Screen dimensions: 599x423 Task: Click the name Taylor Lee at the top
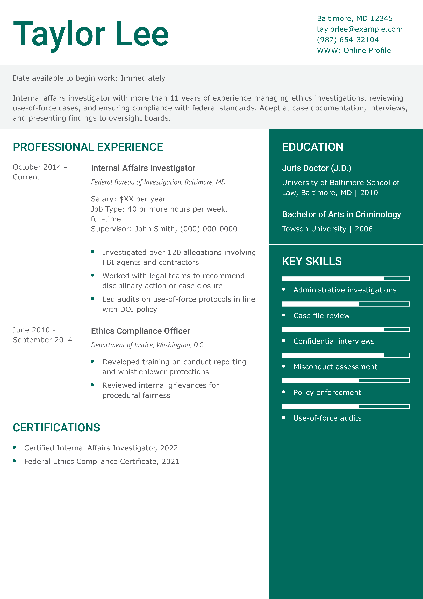(x=91, y=34)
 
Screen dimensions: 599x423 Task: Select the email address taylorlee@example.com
(x=359, y=29)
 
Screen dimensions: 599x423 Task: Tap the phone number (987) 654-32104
(x=347, y=40)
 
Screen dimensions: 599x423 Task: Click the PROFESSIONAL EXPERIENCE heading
(x=88, y=147)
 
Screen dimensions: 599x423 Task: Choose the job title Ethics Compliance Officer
(x=140, y=331)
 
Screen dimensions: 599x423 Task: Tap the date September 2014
(x=42, y=340)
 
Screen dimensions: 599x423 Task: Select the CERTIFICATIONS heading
(x=56, y=428)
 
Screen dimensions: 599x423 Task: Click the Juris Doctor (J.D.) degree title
(x=316, y=168)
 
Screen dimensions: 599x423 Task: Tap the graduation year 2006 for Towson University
(x=364, y=229)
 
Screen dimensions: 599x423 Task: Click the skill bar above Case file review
(x=346, y=304)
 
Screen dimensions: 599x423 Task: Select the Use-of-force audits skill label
(x=327, y=418)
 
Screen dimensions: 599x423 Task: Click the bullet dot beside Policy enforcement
(x=284, y=392)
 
